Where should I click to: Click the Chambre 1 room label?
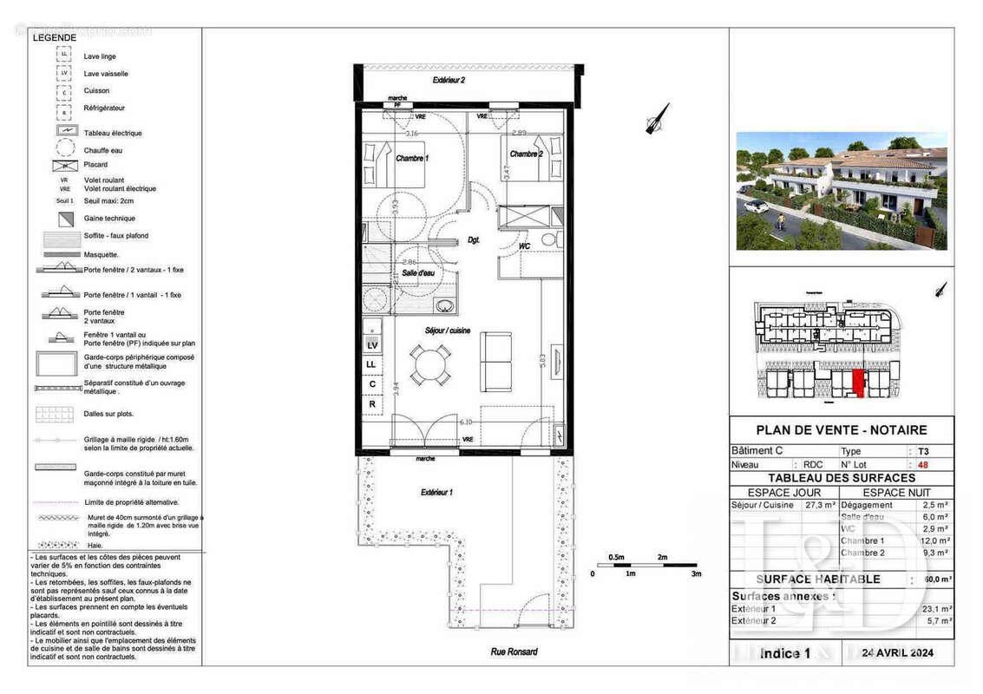[x=412, y=159]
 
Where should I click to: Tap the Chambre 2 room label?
[x=527, y=154]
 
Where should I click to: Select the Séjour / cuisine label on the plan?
[x=448, y=331]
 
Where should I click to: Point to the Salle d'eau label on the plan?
[x=417, y=272]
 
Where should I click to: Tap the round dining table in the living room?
[x=430, y=365]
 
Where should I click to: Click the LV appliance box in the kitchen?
[x=371, y=344]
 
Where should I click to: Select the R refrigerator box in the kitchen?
[x=371, y=403]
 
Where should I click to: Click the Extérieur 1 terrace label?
[x=436, y=492]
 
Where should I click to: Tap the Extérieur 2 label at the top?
[x=449, y=81]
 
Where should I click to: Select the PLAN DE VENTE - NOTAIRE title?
[x=841, y=429]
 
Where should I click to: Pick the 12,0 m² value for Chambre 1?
[x=935, y=540]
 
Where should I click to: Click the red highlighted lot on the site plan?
[x=859, y=383]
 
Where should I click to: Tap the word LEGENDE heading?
[x=54, y=37]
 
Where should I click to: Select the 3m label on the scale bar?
[x=696, y=573]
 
